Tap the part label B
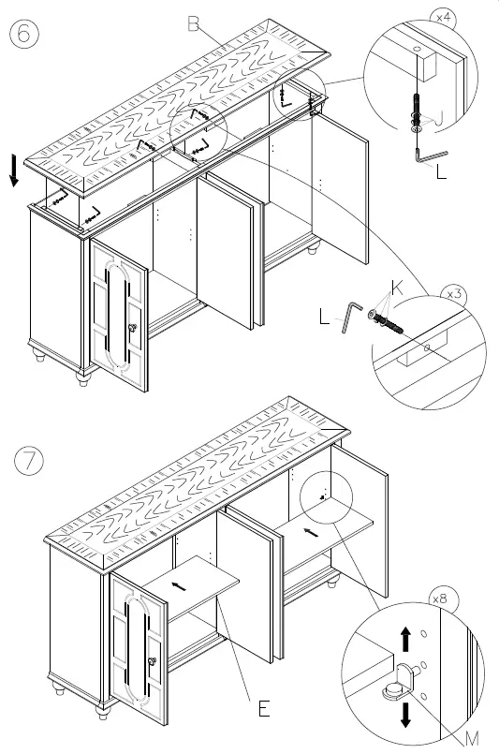(194, 24)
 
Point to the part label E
(263, 708)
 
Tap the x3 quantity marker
(455, 294)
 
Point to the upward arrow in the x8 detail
(404, 641)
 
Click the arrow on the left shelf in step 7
(178, 587)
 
